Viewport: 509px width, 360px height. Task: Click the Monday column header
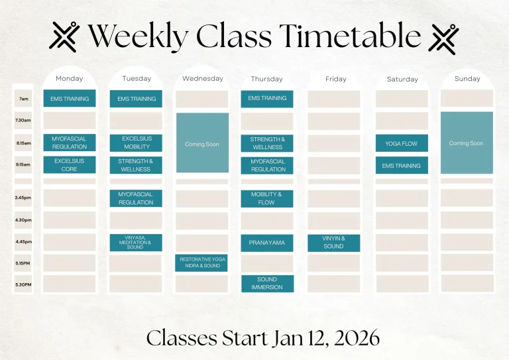coord(69,79)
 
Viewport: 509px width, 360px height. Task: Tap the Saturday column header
coord(402,80)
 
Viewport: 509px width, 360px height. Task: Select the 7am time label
coord(23,99)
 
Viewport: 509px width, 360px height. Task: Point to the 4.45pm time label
coord(23,242)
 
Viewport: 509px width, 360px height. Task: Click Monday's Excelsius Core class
coord(69,165)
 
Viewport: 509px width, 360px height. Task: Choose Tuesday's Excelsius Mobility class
coord(137,143)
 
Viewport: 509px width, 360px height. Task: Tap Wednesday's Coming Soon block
coord(202,144)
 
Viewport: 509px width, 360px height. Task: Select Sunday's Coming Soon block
coord(467,143)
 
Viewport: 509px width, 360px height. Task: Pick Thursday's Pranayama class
coord(267,243)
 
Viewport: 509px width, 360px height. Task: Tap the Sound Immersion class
coord(267,284)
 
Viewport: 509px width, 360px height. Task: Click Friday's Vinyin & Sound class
coord(334,243)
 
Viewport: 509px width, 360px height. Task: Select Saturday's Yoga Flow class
coord(402,143)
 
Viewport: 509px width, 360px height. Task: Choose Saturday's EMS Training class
coord(402,166)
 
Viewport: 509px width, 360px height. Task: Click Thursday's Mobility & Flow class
coord(267,199)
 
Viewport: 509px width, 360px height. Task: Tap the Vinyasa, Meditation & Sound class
coord(136,243)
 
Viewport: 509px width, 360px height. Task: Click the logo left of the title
coord(64,36)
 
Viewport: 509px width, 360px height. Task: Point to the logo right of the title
coord(443,37)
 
